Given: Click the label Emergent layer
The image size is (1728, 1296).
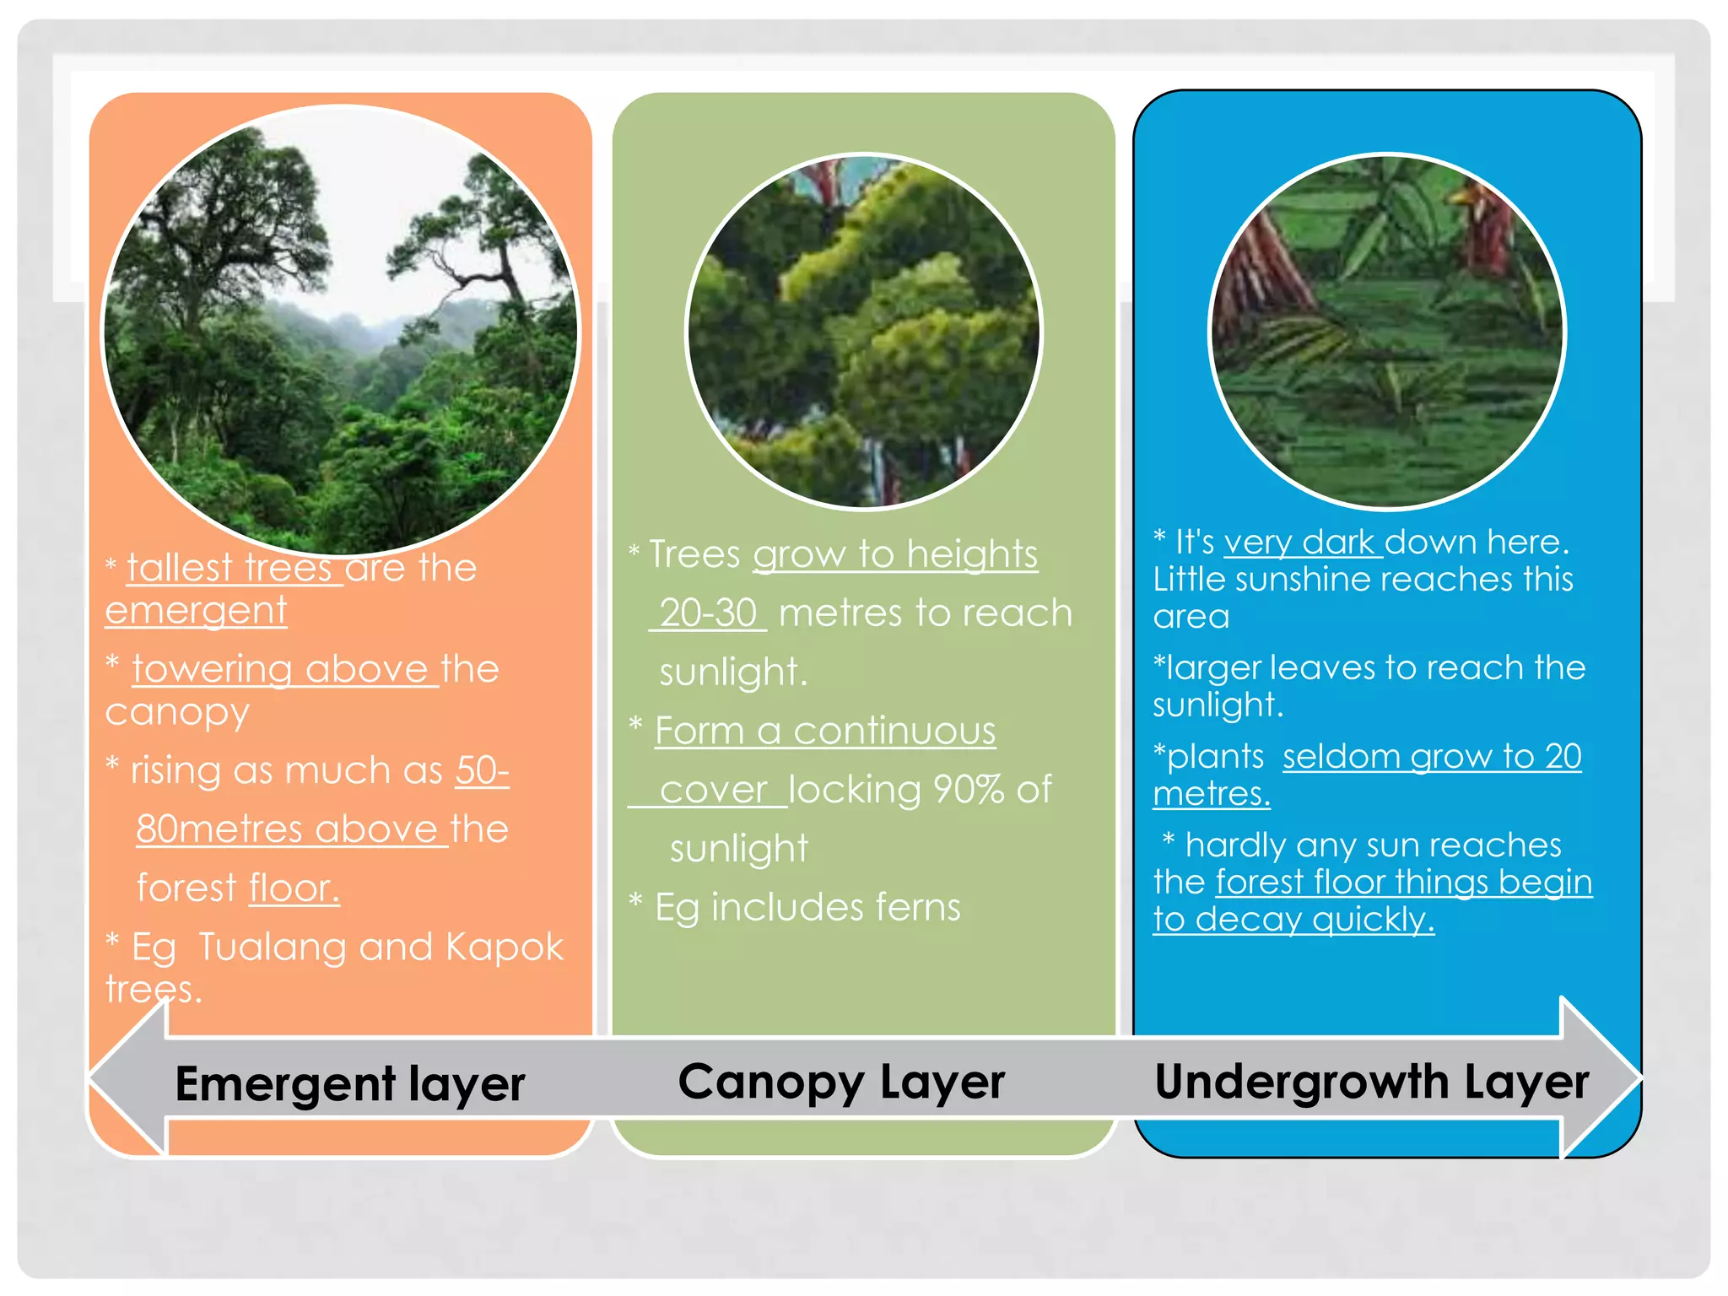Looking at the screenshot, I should [349, 1083].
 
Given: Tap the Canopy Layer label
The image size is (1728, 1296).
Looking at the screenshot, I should [841, 1082].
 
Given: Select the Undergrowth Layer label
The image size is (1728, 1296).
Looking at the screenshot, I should [1371, 1082].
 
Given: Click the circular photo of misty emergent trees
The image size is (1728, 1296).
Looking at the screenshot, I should [340, 329].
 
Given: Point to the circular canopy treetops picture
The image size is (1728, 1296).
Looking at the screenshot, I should [863, 332].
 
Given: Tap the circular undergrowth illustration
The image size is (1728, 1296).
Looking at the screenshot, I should [1386, 332].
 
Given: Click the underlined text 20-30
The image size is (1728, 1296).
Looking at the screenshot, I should [708, 613].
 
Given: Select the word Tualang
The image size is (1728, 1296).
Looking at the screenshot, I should [271, 947].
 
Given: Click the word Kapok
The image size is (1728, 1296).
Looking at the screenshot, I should [504, 947].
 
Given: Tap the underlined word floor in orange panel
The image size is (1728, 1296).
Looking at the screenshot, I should [294, 888].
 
